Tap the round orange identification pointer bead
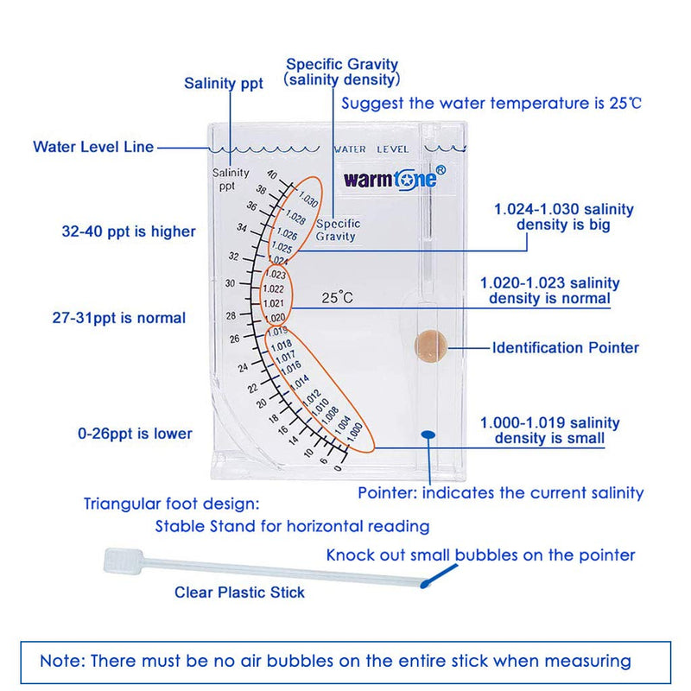pyautogui.click(x=430, y=345)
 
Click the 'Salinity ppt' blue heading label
pyautogui.click(x=224, y=84)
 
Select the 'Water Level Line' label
pyautogui.click(x=93, y=147)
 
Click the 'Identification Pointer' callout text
pyautogui.click(x=566, y=348)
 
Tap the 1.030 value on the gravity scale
pyautogui.click(x=308, y=205)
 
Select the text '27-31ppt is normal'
pyautogui.click(x=118, y=318)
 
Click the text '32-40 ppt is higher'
pyautogui.click(x=123, y=231)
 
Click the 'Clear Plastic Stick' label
pyautogui.click(x=239, y=593)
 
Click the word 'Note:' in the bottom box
pyautogui.click(x=64, y=661)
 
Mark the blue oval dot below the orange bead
pyautogui.click(x=428, y=434)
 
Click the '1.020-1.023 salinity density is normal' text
pyautogui.click(x=549, y=290)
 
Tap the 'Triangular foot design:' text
pyautogui.click(x=171, y=503)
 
